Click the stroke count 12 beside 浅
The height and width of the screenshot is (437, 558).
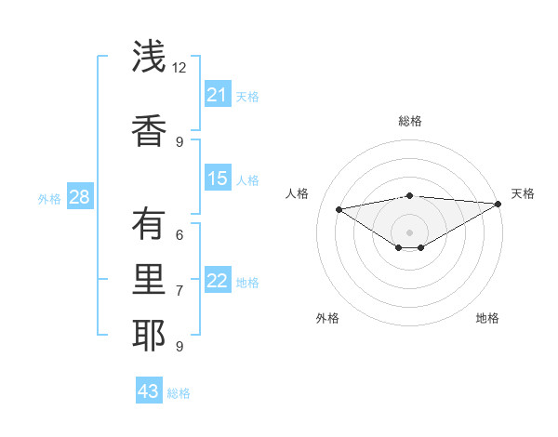click(x=179, y=68)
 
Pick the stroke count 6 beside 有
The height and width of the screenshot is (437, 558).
click(x=179, y=235)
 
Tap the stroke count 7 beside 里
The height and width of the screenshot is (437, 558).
click(x=179, y=291)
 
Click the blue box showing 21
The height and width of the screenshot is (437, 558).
click(x=218, y=95)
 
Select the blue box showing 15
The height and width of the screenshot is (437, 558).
click(x=218, y=179)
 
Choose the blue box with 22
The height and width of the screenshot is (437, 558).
click(x=218, y=281)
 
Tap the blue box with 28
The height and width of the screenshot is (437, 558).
click(x=79, y=197)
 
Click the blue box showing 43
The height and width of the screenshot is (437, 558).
click(x=148, y=391)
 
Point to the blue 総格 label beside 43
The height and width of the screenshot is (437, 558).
click(x=179, y=393)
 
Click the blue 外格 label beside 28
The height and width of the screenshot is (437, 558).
click(x=49, y=199)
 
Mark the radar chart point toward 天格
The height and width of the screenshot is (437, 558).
click(x=498, y=204)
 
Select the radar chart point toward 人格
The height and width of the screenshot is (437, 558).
click(x=339, y=208)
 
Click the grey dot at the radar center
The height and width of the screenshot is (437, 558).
click(x=409, y=232)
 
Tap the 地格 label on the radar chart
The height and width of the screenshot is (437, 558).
click(x=487, y=318)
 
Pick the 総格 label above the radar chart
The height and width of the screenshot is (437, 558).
click(x=409, y=121)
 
